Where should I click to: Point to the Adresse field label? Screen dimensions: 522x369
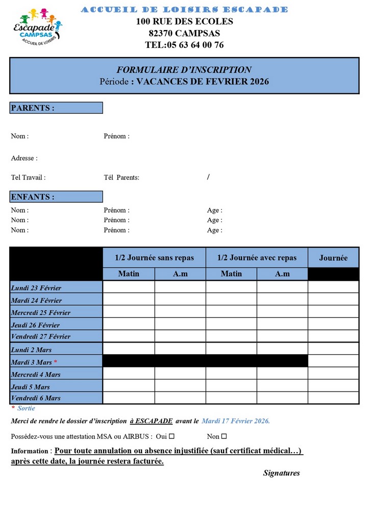pos(24,159)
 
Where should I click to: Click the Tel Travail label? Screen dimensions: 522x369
pos(29,178)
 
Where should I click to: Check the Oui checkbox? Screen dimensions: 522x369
pos(171,436)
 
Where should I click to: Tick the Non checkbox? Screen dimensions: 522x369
pos(224,436)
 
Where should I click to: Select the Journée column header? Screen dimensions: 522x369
pos(333,258)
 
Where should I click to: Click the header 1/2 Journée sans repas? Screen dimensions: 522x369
pos(154,258)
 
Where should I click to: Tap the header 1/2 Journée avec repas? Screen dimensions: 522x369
pos(257,258)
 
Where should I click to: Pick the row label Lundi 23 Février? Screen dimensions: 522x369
pos(36,288)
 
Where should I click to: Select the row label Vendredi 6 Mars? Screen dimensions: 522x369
pos(36,398)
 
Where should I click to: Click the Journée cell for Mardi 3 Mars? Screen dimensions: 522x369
pos(333,361)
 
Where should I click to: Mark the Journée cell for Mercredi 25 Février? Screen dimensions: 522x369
pos(333,311)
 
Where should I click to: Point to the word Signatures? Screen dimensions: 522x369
pos(281,473)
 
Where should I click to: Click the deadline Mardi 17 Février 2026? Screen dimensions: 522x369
pos(236,421)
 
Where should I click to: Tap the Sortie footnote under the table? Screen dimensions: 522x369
pos(26,408)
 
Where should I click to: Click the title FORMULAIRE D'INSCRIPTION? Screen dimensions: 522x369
pos(184,70)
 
